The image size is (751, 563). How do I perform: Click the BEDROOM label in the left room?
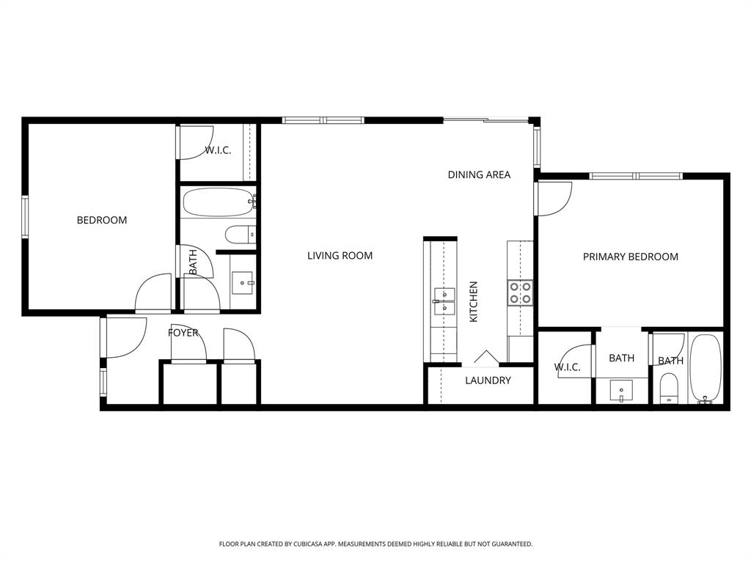[102, 220]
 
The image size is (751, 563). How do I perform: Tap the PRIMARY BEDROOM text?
[630, 257]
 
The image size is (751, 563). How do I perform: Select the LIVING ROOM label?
[340, 256]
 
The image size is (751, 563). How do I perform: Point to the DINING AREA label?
[479, 174]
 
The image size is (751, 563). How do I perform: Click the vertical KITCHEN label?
[474, 301]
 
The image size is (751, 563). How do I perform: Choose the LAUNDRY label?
[488, 380]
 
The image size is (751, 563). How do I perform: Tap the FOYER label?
[183, 333]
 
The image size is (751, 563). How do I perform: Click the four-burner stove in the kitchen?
[520, 293]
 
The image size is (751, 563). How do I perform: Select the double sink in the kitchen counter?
[444, 301]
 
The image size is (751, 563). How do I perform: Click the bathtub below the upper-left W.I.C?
[218, 202]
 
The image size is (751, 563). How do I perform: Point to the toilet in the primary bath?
[669, 388]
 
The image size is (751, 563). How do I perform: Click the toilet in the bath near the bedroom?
[240, 235]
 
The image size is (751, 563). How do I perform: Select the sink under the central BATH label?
[622, 389]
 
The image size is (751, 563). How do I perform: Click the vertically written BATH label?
[193, 262]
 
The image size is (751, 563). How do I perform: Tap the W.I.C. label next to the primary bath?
[567, 367]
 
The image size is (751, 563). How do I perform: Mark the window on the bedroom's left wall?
[24, 217]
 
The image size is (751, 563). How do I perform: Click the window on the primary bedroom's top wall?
[636, 176]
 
